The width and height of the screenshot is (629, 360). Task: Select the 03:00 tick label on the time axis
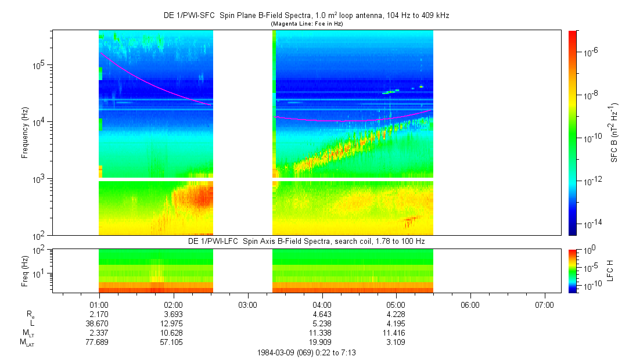point(247,304)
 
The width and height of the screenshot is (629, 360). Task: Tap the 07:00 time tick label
point(544,304)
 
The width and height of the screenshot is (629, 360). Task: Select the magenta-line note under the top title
point(306,23)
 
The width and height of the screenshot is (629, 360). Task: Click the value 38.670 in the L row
point(99,323)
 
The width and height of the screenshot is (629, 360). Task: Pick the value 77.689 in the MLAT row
point(99,343)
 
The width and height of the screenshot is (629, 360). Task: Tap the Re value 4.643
point(322,314)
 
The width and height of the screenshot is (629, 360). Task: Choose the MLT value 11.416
point(396,333)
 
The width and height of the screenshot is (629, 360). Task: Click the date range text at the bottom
point(306,352)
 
